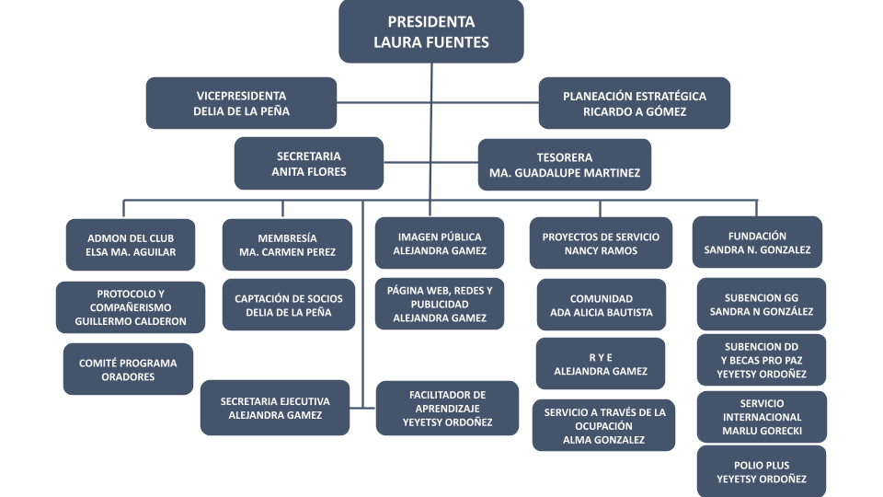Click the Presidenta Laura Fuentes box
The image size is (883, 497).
[431, 31]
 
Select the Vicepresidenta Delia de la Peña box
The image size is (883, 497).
[241, 103]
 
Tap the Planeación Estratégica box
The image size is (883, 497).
[635, 103]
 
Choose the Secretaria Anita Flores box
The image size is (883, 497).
[308, 164]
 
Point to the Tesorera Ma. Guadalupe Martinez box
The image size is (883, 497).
[565, 165]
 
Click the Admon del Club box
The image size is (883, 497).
[132, 244]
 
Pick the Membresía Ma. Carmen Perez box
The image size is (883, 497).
[287, 244]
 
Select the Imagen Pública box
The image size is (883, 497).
[440, 243]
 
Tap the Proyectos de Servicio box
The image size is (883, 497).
[601, 243]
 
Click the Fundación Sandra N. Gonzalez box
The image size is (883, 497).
[757, 242]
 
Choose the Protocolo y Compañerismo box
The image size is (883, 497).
[131, 307]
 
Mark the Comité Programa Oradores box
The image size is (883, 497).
[128, 369]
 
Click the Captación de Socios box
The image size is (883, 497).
[288, 305]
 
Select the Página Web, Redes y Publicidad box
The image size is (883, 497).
[440, 304]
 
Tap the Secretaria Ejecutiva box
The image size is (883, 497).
[275, 408]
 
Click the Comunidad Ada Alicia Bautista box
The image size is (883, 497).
[601, 305]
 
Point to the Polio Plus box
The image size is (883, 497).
[762, 472]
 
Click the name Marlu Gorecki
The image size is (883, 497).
[762, 431]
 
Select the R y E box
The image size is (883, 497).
[601, 364]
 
